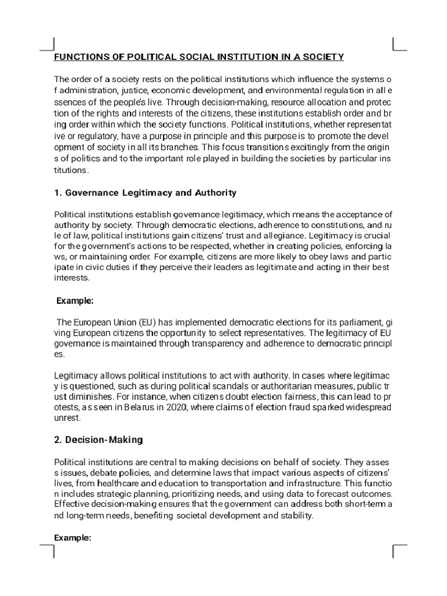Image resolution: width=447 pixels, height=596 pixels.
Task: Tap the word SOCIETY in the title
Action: coord(323,56)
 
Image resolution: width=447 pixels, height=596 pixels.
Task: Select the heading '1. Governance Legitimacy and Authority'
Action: coord(145,193)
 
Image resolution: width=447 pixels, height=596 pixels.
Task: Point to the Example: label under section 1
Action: coord(74,301)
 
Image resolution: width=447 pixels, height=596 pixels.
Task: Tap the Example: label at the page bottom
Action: coord(73,538)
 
